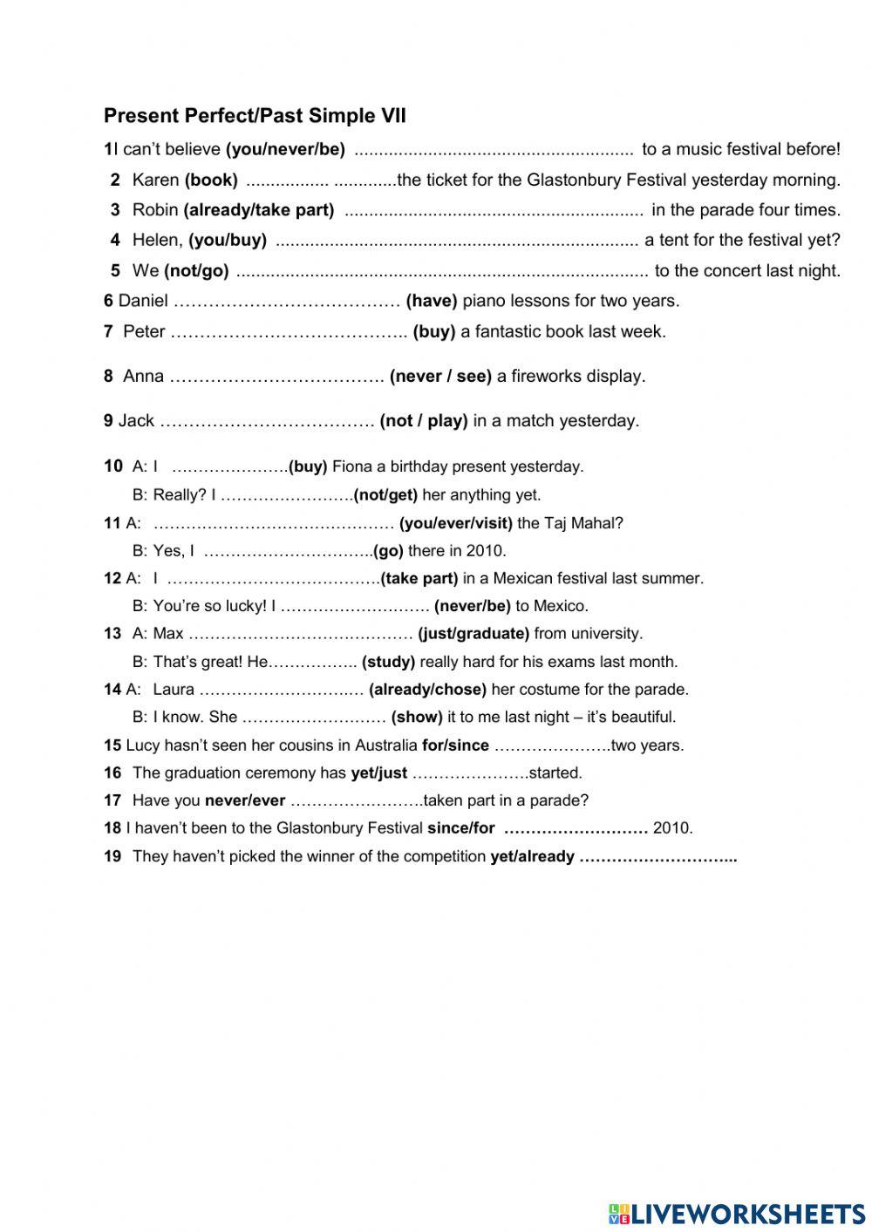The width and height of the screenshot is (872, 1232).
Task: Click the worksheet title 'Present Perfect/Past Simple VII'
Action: [255, 116]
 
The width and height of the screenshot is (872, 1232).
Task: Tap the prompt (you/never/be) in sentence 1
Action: [285, 149]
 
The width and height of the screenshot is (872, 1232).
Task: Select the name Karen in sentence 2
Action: [155, 180]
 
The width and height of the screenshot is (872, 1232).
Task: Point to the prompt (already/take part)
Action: [259, 210]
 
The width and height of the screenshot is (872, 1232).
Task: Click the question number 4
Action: [115, 240]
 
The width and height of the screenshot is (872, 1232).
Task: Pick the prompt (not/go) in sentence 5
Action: [196, 271]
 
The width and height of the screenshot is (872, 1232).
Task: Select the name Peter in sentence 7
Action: [144, 331]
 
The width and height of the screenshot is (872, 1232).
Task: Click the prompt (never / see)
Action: [440, 377]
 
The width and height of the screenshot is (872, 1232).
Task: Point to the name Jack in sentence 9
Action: [136, 421]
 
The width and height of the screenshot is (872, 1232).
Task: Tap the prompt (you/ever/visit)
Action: [455, 523]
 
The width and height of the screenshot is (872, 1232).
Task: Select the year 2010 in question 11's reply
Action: [485, 551]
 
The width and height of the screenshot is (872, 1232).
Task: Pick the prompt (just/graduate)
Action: [473, 634]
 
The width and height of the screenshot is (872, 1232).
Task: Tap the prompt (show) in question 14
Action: [417, 718]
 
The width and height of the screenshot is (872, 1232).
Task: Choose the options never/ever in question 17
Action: [245, 800]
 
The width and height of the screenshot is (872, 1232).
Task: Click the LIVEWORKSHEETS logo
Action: [737, 1213]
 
